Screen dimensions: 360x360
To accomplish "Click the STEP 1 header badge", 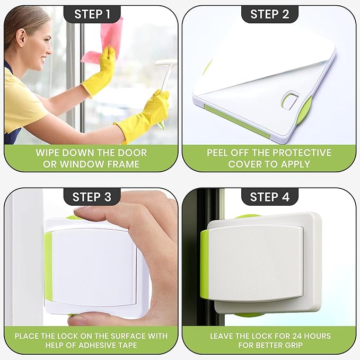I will (92, 14).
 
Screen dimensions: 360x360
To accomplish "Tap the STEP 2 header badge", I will (269, 14).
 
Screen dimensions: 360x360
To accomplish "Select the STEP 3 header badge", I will (92, 197).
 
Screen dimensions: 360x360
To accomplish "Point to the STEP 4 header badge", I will (269, 197).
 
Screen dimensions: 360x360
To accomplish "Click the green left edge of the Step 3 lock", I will (48, 265).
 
